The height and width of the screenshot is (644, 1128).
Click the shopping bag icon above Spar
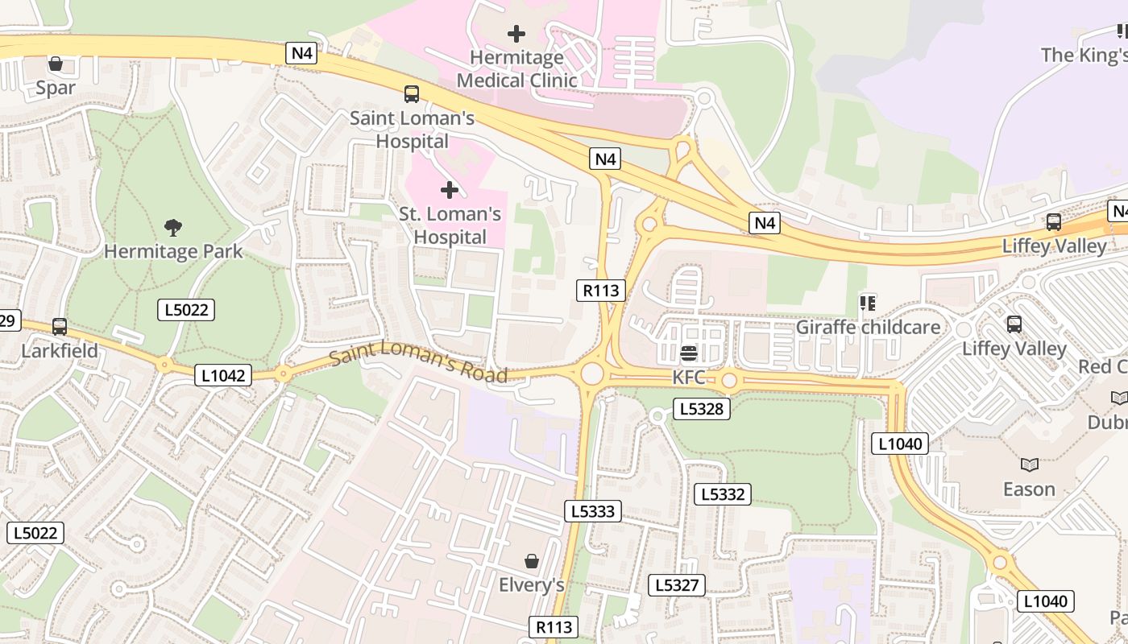(56, 64)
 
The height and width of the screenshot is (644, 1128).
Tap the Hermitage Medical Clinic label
(516, 69)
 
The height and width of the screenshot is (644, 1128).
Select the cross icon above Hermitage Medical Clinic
(516, 34)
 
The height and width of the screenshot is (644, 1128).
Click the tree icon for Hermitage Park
(172, 228)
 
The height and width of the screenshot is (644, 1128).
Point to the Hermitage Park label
(173, 251)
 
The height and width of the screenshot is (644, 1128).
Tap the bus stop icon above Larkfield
(60, 327)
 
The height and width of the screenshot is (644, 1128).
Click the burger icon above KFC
(688, 353)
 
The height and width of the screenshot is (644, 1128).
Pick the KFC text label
(689, 378)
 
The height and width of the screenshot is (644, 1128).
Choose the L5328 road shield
(702, 409)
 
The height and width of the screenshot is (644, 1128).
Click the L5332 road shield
(723, 494)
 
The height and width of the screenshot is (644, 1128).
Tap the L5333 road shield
(593, 510)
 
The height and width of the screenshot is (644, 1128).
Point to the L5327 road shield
(677, 585)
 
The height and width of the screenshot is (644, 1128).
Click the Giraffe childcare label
(868, 328)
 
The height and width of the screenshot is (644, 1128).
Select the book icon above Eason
(1029, 464)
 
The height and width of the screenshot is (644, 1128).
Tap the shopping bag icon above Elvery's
(531, 560)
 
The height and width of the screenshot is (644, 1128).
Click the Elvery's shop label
(531, 584)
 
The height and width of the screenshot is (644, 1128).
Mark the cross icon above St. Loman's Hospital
(450, 190)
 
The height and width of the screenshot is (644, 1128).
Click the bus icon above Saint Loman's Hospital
(412, 94)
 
